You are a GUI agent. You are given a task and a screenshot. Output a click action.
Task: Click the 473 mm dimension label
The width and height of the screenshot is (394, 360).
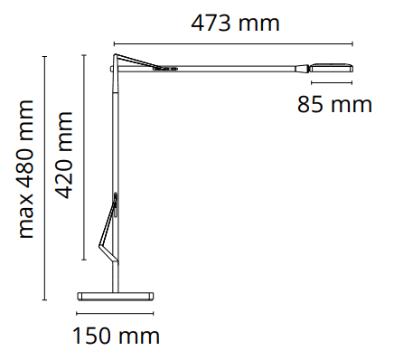coord(235,24)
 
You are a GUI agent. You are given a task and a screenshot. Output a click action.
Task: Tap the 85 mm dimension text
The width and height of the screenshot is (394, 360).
coord(334,104)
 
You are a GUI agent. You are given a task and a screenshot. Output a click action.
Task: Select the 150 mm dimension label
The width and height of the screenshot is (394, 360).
coord(116,336)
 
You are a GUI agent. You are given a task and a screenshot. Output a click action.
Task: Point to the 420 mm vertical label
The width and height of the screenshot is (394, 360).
coord(64,156)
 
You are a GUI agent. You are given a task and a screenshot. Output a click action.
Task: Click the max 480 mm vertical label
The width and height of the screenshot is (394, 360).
coord(26,169)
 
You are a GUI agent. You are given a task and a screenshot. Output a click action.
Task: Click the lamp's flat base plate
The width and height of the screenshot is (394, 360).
coord(116,296)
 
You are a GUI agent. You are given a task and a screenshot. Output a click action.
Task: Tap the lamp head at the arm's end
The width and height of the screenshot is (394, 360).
coord(332,68)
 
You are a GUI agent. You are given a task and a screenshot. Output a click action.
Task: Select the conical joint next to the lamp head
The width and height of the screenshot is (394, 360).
coord(303,69)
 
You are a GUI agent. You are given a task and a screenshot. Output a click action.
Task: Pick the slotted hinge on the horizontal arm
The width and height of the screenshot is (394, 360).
coord(164,69)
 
